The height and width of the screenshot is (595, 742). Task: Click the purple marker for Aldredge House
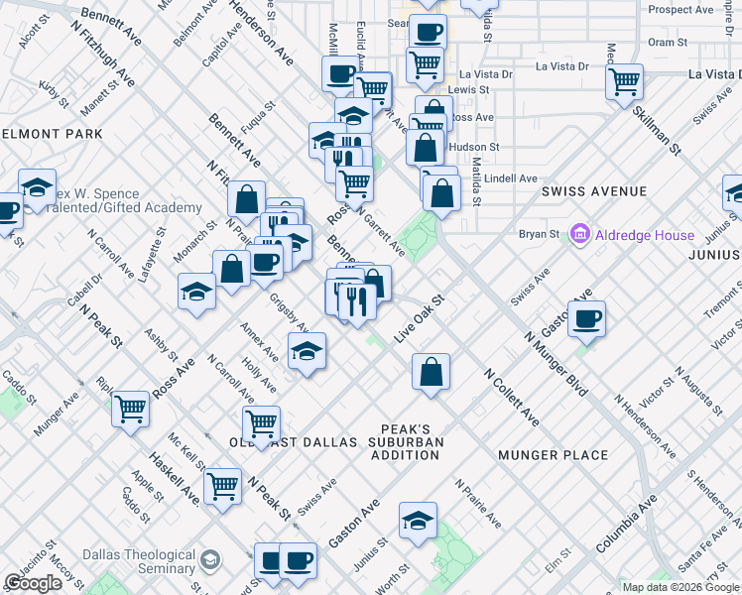tap(579, 235)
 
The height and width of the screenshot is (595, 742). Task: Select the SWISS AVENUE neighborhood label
tap(594, 191)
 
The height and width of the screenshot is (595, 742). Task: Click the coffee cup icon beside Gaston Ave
tap(587, 318)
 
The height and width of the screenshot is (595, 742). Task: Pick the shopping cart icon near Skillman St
tap(624, 81)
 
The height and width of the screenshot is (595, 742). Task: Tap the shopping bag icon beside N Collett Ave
tap(432, 372)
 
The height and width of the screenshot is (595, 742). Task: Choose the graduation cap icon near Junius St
tap(418, 520)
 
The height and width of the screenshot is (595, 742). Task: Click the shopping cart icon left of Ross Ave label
tap(130, 409)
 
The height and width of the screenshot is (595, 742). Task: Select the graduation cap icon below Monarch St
tap(196, 292)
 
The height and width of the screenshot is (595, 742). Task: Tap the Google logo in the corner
tap(34, 583)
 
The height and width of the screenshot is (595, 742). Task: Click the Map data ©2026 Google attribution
tap(680, 587)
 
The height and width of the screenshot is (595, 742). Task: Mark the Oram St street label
tap(668, 43)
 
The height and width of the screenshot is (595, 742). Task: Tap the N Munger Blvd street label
tap(556, 365)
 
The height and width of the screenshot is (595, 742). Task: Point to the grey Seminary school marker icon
tap(209, 561)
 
